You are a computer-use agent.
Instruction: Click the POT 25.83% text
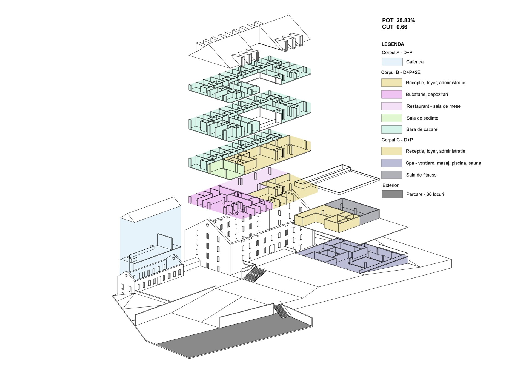coord(398,20)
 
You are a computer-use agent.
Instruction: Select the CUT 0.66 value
coord(395,27)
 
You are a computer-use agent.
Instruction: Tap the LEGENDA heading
coord(393,44)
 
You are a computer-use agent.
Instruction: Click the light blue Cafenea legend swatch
coord(392,62)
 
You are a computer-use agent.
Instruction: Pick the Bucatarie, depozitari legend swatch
coord(392,94)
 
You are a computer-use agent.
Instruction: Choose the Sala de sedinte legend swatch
coord(392,118)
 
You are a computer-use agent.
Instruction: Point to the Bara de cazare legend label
coord(422,129)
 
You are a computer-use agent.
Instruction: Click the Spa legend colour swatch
coord(392,163)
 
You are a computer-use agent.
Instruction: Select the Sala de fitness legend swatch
coord(392,175)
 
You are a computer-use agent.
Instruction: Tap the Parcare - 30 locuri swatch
coord(392,194)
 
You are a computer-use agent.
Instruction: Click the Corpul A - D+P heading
coord(397,52)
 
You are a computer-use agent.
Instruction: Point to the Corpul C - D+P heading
coord(397,140)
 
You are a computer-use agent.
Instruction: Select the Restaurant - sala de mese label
coord(433,106)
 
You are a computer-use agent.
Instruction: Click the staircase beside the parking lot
coord(281,311)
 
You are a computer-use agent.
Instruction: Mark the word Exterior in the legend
coord(390,185)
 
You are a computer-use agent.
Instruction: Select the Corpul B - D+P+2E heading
coord(401,72)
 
